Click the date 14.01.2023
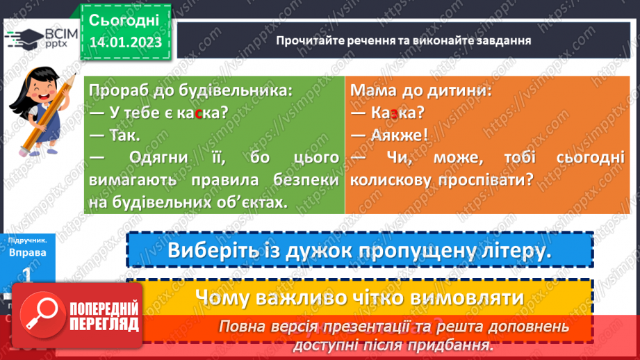tap(125, 42)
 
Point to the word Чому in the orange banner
tap(223, 297)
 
